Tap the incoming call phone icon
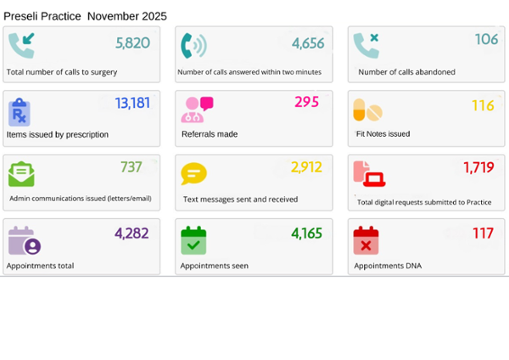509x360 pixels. [22, 45]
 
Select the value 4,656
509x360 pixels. [307, 43]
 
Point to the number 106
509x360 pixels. [486, 39]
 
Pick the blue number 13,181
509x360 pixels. [132, 104]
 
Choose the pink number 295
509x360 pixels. [306, 102]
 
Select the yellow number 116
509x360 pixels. [483, 106]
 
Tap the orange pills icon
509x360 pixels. [367, 110]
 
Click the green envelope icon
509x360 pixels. [21, 173]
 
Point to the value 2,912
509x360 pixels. [306, 167]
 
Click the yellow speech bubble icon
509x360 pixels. [193, 174]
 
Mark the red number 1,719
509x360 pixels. [478, 167]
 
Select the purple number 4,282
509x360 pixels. [132, 233]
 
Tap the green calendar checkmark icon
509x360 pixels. [193, 240]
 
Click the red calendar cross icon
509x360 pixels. [366, 240]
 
